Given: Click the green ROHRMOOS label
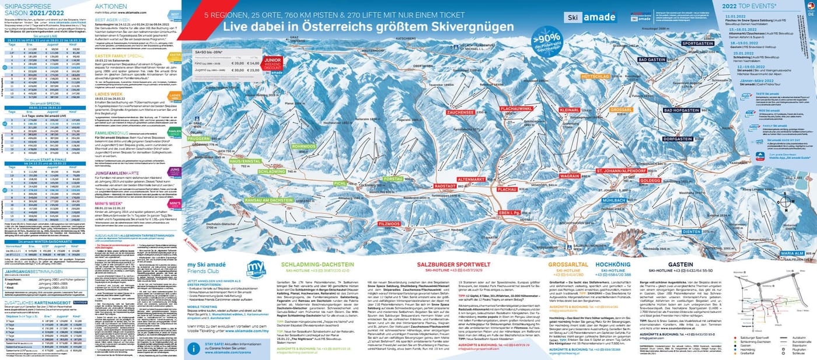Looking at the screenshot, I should (x=304, y=146).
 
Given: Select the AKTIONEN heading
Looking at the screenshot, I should (x=110, y=5).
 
